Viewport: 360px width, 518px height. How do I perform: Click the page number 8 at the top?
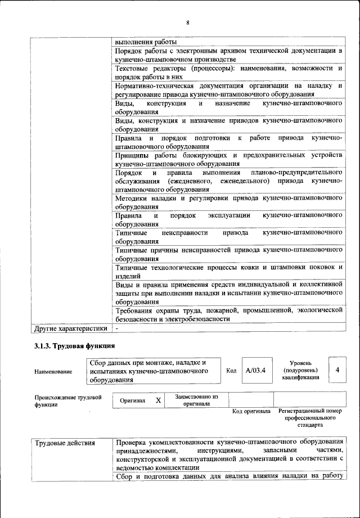[188, 22]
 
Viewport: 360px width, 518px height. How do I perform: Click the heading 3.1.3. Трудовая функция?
[74, 345]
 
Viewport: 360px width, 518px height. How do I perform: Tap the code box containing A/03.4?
[255, 371]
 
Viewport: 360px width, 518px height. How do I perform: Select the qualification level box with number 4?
[337, 370]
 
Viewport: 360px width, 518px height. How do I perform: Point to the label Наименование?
[53, 372]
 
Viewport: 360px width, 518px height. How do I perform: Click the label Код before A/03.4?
[231, 371]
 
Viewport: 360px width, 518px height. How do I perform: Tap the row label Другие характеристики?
[71, 328]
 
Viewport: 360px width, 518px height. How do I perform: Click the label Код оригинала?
[251, 411]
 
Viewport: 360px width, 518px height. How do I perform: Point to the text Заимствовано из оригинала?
[196, 400]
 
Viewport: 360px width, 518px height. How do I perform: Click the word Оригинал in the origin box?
[133, 400]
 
